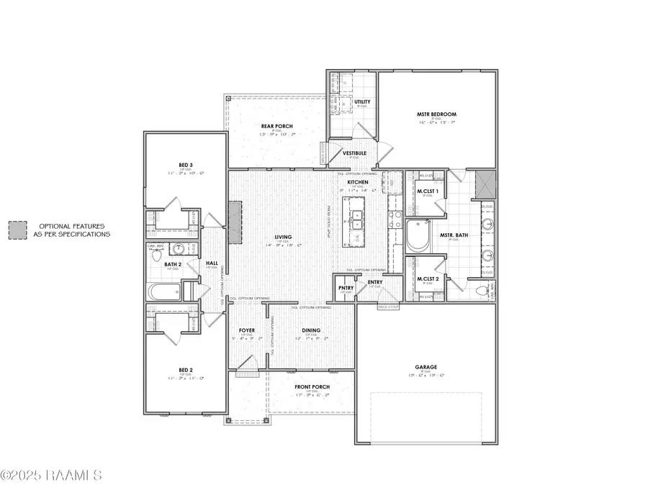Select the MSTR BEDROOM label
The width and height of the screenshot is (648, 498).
tap(436, 114)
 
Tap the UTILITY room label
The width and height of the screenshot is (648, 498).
tap(362, 101)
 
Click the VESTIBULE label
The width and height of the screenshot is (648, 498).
tap(354, 153)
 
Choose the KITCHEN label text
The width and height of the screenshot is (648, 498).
tap(358, 183)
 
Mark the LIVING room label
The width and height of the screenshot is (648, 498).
tap(282, 237)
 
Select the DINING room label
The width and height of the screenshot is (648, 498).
tap(312, 330)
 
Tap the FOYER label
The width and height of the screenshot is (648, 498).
tap(248, 330)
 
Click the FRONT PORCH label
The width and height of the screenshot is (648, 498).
tap(312, 386)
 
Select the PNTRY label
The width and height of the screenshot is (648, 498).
tap(346, 288)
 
